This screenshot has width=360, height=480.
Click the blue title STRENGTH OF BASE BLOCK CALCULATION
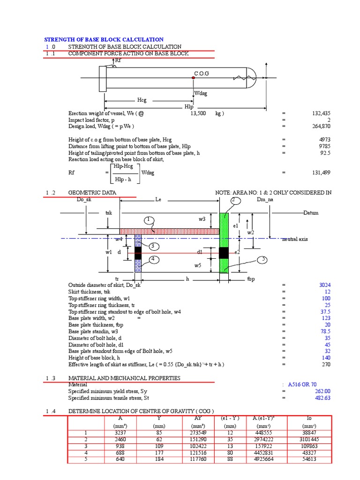click(x=104, y=40)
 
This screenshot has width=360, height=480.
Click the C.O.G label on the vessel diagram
click(x=202, y=74)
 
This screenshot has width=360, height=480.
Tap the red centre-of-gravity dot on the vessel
click(x=193, y=78)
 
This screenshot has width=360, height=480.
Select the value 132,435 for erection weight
click(x=321, y=113)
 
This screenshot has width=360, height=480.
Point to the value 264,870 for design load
click(x=321, y=127)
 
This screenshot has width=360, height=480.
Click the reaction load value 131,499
click(x=321, y=172)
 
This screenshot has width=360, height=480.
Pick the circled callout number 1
click(x=149, y=219)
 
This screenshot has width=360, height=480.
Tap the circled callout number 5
click(x=263, y=259)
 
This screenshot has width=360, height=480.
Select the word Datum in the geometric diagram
click(x=311, y=213)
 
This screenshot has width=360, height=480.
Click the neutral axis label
click(x=295, y=239)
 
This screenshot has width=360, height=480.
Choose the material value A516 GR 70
click(x=306, y=384)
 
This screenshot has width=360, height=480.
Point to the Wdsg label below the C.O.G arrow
click(x=201, y=93)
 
